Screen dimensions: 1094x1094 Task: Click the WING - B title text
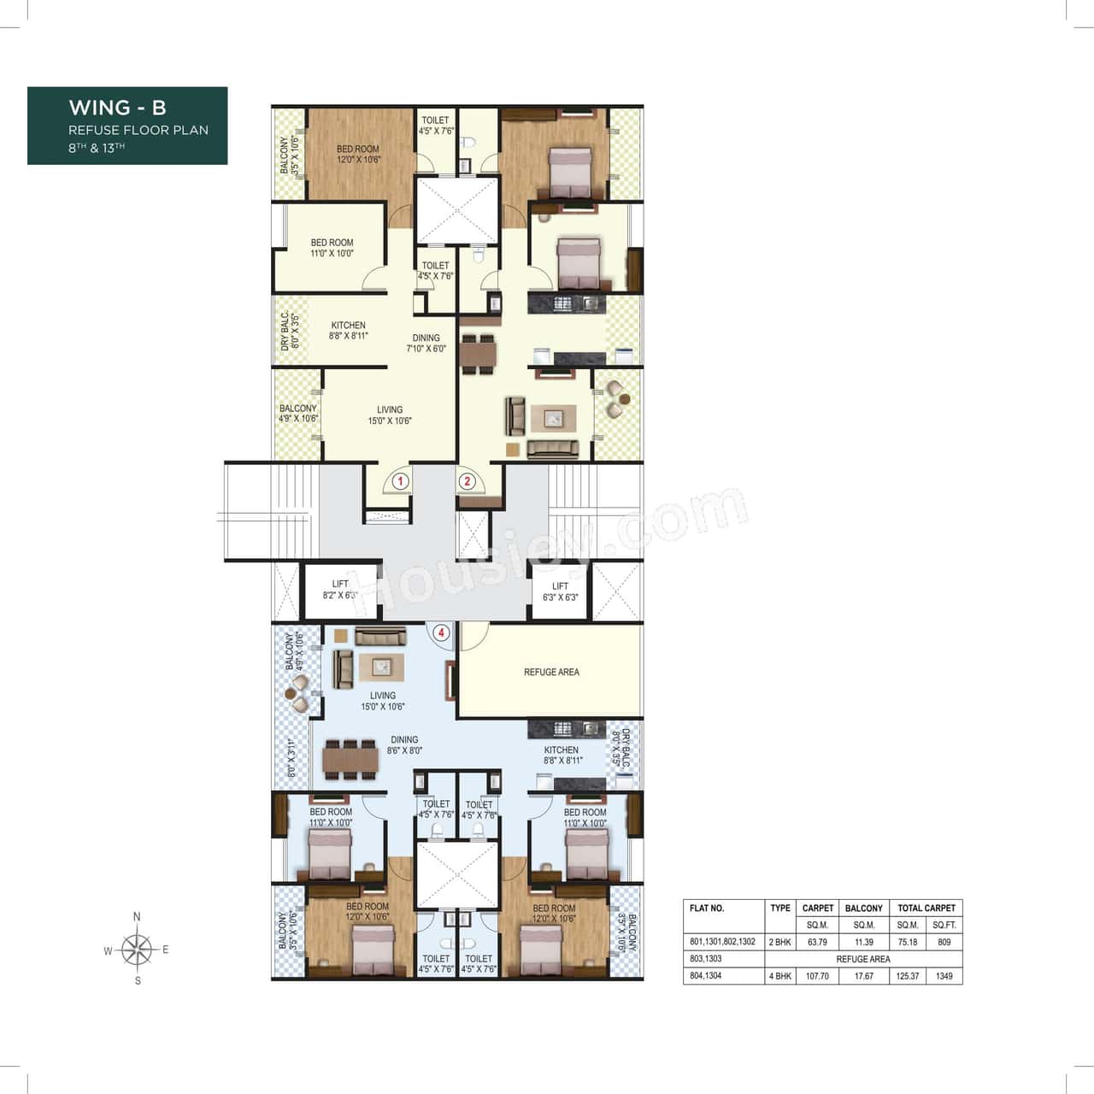click(117, 108)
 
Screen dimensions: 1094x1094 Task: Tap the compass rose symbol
click(137, 949)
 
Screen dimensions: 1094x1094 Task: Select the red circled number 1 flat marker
click(399, 481)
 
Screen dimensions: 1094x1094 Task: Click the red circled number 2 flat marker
click(467, 481)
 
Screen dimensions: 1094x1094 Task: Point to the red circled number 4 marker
click(441, 633)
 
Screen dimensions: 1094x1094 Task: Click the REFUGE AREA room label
click(551, 673)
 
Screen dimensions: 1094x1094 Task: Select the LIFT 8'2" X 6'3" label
click(340, 590)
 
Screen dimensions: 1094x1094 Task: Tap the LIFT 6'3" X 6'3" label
click(560, 591)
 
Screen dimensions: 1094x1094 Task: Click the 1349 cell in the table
click(944, 976)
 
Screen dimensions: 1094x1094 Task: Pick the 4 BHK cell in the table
click(779, 976)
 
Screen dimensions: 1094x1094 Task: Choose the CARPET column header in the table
click(817, 908)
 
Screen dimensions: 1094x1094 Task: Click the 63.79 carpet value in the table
click(817, 942)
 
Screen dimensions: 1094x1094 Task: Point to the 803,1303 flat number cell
click(706, 959)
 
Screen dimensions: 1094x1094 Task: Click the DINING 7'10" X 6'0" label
click(426, 343)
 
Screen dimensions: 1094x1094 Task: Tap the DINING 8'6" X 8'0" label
click(404, 745)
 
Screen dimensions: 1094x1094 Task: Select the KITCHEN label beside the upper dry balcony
click(348, 331)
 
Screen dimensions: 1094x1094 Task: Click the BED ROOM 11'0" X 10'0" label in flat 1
click(332, 248)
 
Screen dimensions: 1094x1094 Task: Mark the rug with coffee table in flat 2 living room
click(553, 419)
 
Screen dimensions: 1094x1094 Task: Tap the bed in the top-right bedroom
click(569, 171)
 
